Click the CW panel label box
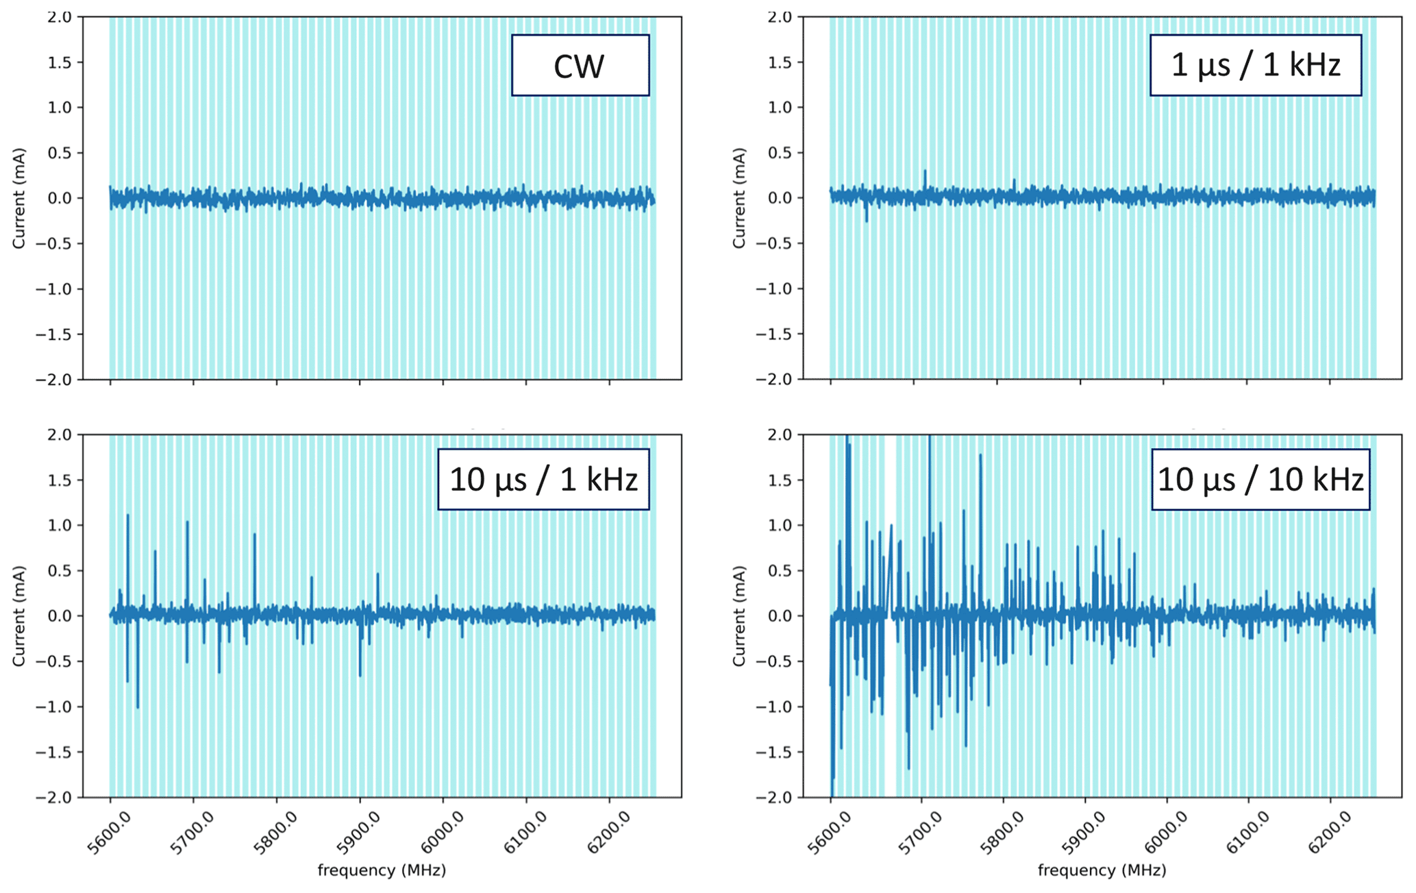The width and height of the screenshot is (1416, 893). (x=580, y=66)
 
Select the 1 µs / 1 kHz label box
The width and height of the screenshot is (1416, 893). (x=1255, y=66)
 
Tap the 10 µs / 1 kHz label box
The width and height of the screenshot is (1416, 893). (x=543, y=479)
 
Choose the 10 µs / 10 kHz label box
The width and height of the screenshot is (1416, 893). (x=1260, y=479)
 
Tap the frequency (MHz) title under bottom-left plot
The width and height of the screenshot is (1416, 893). (x=382, y=870)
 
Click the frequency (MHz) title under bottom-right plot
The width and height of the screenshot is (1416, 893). (x=1102, y=870)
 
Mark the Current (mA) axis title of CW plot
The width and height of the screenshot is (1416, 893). (x=18, y=198)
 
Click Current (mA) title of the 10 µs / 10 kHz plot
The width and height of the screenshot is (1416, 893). (x=738, y=615)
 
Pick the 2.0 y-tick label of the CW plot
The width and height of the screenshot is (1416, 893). (x=60, y=17)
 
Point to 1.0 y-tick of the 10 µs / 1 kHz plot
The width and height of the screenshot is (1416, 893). (x=60, y=526)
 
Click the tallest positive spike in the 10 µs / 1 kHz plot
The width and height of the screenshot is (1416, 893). (x=127, y=516)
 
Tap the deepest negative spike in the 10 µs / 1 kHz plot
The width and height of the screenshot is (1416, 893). (x=138, y=707)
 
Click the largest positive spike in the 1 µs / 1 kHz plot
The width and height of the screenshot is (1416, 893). (x=925, y=171)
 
